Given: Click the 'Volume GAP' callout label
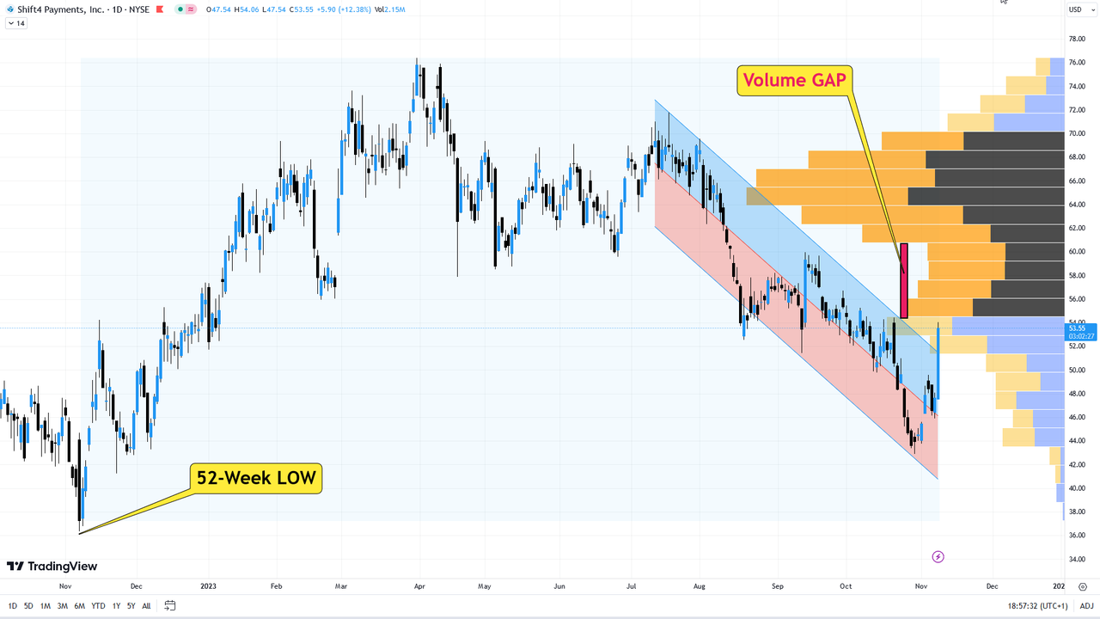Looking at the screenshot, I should click(794, 80).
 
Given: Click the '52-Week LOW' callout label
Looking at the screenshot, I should click(255, 478).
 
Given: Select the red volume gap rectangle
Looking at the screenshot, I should click(903, 280).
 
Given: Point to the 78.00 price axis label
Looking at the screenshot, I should click(1075, 39).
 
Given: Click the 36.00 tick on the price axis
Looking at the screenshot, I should click(1075, 536).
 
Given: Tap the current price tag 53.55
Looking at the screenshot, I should click(1077, 328).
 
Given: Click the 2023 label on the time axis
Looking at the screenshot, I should click(208, 586).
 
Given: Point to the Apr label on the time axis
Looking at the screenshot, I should click(419, 586).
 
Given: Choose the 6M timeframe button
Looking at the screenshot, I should click(79, 606).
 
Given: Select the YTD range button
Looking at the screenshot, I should click(97, 606).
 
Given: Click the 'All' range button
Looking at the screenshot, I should click(146, 606).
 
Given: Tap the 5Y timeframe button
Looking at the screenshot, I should click(131, 606).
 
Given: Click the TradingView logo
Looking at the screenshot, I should click(52, 567).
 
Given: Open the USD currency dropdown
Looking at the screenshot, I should click(1077, 9).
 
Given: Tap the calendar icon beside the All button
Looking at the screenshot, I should click(170, 606).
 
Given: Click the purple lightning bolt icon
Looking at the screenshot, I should click(938, 557).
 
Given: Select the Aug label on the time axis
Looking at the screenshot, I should click(699, 586).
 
